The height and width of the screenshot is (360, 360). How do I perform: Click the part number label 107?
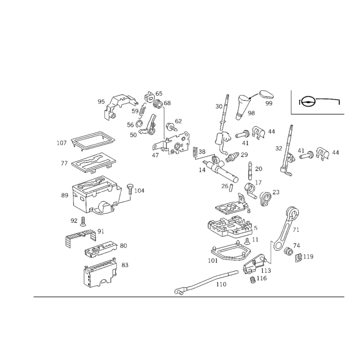point(62,143)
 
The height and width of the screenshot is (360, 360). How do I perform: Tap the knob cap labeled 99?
point(267,94)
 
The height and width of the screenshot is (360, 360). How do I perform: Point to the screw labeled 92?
point(83,221)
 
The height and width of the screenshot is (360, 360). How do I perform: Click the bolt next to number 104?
point(130,189)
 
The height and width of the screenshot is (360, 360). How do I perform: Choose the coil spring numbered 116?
point(252,279)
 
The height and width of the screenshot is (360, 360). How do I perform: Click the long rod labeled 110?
point(206,282)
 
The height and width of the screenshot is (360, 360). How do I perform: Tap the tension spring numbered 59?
point(143,110)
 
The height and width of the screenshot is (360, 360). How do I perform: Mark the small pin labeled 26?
point(231,186)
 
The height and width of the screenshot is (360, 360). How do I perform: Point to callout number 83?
point(125,265)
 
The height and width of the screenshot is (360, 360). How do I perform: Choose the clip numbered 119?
point(298,258)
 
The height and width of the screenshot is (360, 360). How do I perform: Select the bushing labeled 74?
point(288,252)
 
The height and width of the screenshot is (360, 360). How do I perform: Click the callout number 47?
point(155,155)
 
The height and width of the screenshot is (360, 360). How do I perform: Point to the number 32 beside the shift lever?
point(279,148)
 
